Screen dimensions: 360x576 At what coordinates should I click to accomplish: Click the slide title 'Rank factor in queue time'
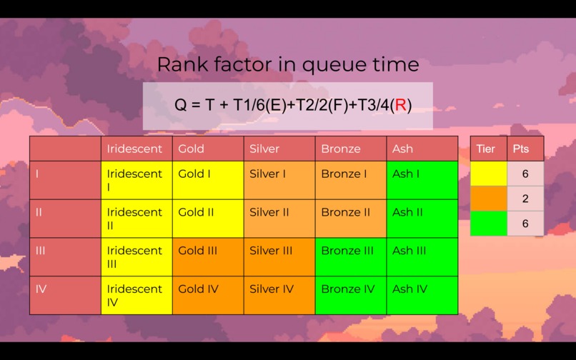click(x=287, y=65)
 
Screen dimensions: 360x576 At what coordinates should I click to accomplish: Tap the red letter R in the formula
click(x=400, y=106)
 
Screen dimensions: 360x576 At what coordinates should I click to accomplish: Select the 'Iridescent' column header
click(x=136, y=149)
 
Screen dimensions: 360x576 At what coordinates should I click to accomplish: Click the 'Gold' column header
click(x=207, y=149)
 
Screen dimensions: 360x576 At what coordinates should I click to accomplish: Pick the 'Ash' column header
click(x=422, y=149)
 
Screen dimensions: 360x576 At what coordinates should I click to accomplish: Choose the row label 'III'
click(x=65, y=256)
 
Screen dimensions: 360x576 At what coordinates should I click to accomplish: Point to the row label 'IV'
click(x=65, y=295)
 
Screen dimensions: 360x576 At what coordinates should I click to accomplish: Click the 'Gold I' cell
click(x=207, y=179)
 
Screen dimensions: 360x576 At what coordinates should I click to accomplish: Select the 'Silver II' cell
click(x=279, y=218)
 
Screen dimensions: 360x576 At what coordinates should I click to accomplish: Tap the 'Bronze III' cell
click(x=350, y=256)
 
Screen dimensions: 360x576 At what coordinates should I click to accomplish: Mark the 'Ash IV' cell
click(x=422, y=295)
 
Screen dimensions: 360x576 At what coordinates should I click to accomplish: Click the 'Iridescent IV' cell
click(x=136, y=295)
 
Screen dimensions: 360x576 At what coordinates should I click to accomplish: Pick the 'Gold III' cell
click(x=207, y=256)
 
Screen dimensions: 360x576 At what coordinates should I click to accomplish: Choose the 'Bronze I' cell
click(x=350, y=179)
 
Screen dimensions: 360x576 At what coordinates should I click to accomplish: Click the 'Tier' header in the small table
click(x=489, y=149)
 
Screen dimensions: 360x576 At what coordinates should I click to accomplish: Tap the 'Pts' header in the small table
click(x=525, y=149)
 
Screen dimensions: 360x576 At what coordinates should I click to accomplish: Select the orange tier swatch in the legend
click(x=489, y=199)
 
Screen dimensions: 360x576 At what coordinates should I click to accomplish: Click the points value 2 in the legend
click(x=525, y=199)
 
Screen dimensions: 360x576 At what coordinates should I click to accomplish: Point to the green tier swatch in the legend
click(x=489, y=224)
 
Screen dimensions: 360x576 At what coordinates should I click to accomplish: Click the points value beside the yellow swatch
click(x=525, y=174)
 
